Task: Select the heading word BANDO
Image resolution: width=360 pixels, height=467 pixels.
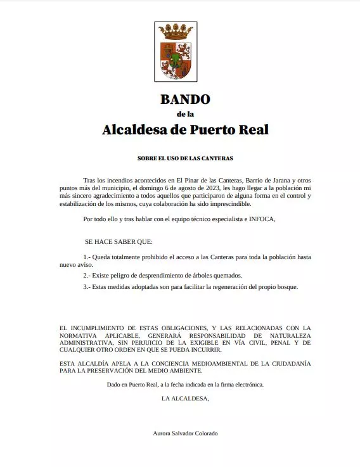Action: pyautogui.click(x=185, y=99)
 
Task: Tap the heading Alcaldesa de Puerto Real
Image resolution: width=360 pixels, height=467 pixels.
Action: pyautogui.click(x=185, y=130)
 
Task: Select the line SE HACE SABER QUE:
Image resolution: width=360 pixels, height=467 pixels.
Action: pyautogui.click(x=119, y=242)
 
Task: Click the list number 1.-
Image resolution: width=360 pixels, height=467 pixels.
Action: pyautogui.click(x=87, y=257)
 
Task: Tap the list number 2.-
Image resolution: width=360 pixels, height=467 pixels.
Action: pyautogui.click(x=87, y=276)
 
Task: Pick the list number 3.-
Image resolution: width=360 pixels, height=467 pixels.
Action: pyautogui.click(x=87, y=287)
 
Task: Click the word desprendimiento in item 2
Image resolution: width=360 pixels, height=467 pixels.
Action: pyautogui.click(x=154, y=276)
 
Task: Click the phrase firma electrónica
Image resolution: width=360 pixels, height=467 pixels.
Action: pyautogui.click(x=241, y=384)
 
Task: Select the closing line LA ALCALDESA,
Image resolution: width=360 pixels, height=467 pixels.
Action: pyautogui.click(x=185, y=398)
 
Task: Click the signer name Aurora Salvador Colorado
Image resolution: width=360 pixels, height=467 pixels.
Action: pyautogui.click(x=185, y=433)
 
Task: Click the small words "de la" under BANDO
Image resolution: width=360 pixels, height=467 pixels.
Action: pyautogui.click(x=185, y=114)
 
